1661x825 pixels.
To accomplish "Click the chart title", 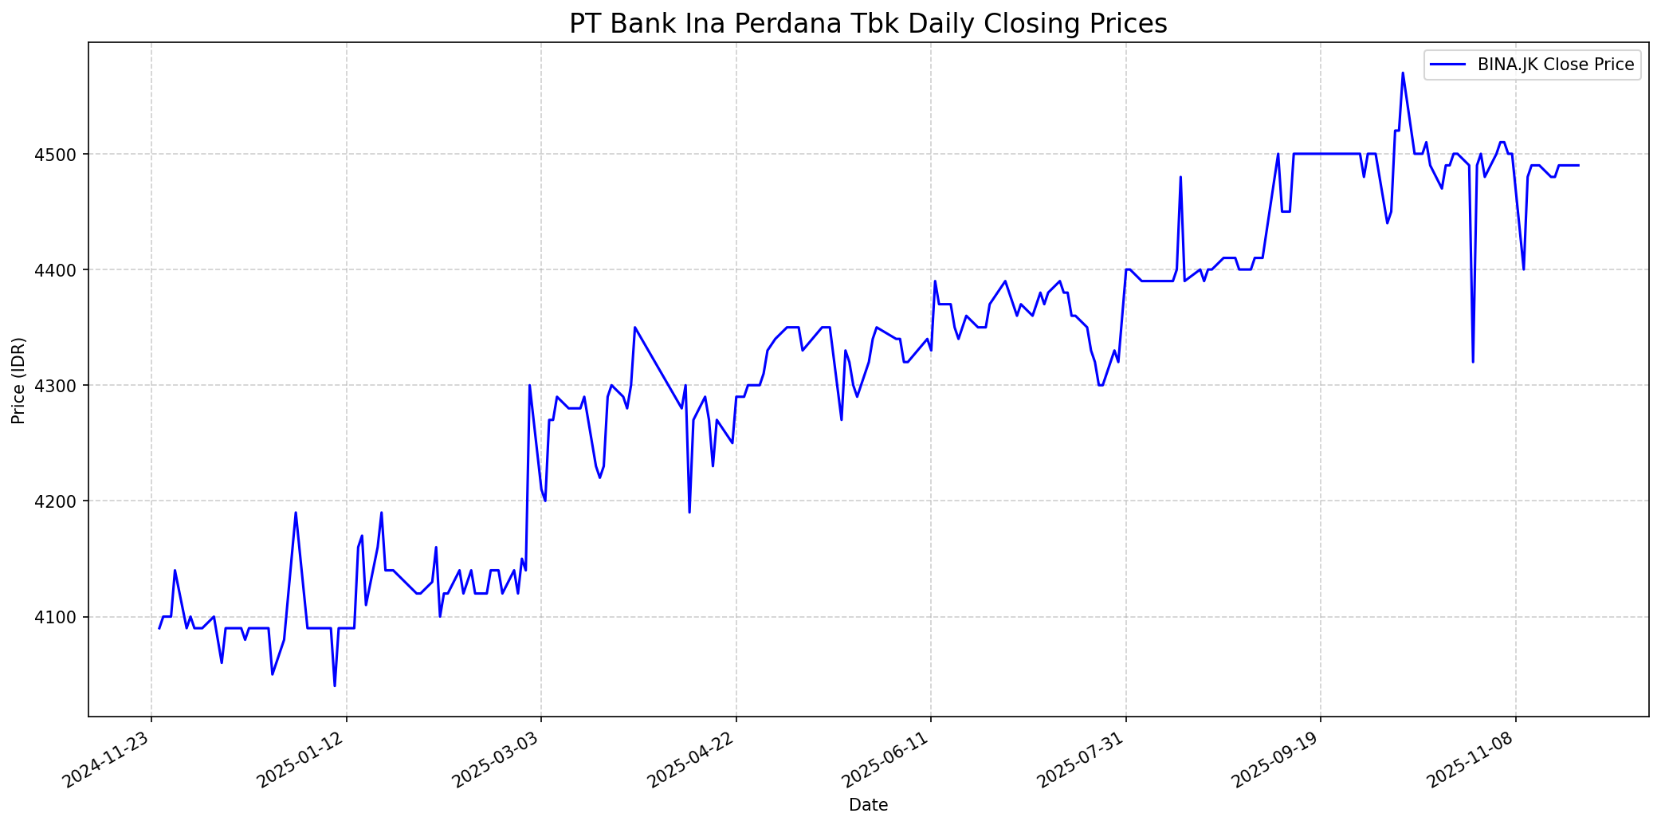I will (x=868, y=24).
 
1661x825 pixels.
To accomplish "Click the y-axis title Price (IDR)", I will (x=18, y=380).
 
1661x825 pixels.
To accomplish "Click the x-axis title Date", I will (x=868, y=805).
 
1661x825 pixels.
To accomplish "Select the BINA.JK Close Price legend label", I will (x=1556, y=65).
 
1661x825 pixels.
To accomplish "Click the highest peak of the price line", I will (x=1403, y=73).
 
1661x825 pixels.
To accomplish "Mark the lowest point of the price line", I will (x=335, y=686).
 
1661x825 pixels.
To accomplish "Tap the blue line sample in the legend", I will (x=1448, y=65).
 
